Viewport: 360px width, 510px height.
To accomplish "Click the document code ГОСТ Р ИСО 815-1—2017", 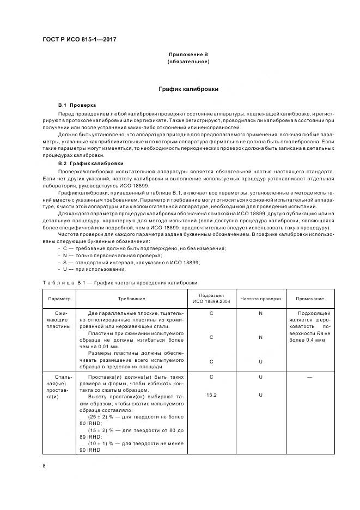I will click(x=80, y=40).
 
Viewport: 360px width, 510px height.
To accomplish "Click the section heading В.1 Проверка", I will click(x=77, y=104).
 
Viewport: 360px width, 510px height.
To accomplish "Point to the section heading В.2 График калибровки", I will click(x=90, y=163).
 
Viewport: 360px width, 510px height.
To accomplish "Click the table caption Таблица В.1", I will click(x=119, y=283).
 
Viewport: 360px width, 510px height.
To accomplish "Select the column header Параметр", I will click(x=59, y=299).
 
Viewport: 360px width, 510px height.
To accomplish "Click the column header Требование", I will click(x=132, y=299).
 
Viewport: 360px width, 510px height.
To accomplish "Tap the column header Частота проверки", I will click(x=260, y=299).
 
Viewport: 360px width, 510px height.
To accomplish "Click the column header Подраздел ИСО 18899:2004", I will click(x=211, y=299).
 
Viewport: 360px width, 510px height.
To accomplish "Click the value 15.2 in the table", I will click(x=211, y=394).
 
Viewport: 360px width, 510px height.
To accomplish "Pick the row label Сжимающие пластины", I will click(x=59, y=321).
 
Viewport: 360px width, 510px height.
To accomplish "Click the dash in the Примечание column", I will click(x=309, y=377).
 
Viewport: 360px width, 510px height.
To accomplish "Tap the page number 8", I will click(x=44, y=465).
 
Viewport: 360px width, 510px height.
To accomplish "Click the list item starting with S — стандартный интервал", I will click(x=131, y=262).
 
